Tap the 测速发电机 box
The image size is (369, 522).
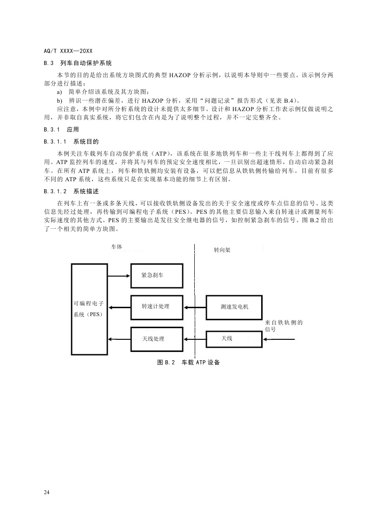(x=234, y=307)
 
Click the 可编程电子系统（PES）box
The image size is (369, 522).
(x=89, y=309)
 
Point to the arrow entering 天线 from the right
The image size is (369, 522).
(x=279, y=339)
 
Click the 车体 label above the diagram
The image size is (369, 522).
(x=117, y=247)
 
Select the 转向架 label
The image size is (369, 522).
(x=222, y=250)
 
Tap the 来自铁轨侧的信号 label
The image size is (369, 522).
(x=283, y=325)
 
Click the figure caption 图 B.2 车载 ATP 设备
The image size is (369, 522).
(x=188, y=363)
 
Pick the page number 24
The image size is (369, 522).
(x=47, y=492)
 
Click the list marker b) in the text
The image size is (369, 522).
(x=59, y=100)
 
